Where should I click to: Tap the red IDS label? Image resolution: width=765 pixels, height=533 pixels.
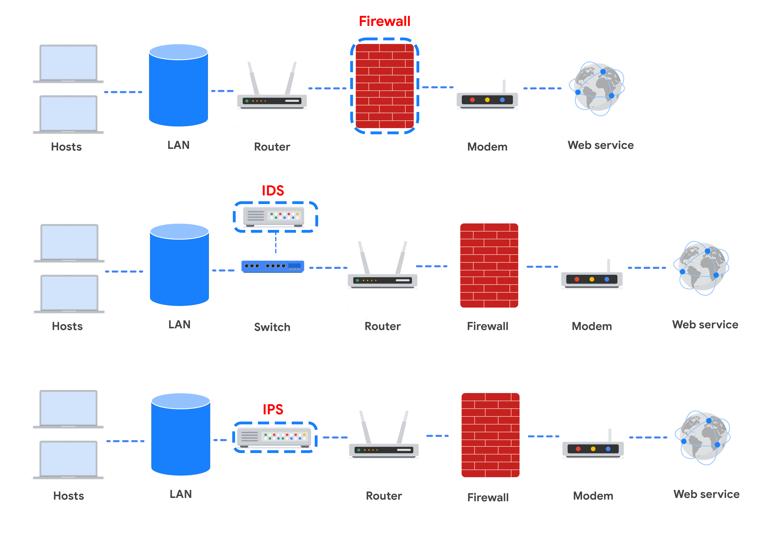point(273,191)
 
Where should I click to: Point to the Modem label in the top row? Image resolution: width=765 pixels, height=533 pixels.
point(487,147)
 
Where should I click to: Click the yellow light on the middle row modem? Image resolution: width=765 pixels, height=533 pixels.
point(592,279)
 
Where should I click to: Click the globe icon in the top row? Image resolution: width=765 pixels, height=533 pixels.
point(596,89)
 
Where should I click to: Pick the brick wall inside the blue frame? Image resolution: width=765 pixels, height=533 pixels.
point(384,86)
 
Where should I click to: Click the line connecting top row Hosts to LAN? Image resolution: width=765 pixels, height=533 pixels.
point(123,92)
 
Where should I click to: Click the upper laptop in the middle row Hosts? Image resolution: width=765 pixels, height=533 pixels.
point(69,243)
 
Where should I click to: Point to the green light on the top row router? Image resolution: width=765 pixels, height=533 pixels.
point(247,101)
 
